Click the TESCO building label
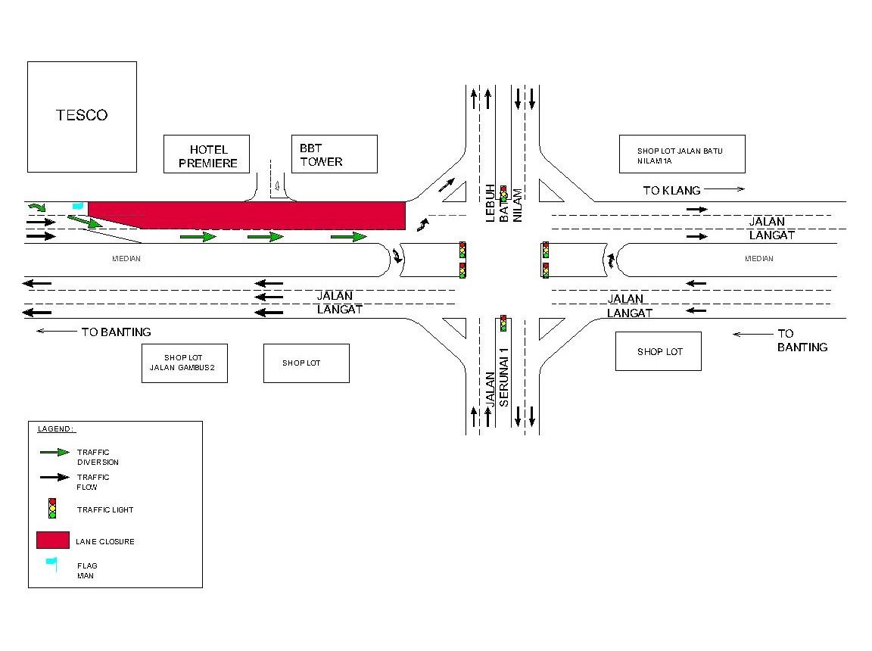[82, 115]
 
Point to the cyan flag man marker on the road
[77, 205]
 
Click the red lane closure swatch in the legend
[53, 540]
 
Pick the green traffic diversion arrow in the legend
[54, 453]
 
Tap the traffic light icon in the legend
[52, 508]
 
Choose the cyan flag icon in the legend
[51, 562]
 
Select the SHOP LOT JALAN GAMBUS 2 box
[185, 363]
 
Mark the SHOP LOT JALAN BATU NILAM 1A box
[681, 154]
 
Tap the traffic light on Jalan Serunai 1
[502, 323]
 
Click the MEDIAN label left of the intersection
[126, 259]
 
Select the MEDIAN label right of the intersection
[759, 259]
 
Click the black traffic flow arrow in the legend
[54, 478]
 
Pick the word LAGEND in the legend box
[56, 429]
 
